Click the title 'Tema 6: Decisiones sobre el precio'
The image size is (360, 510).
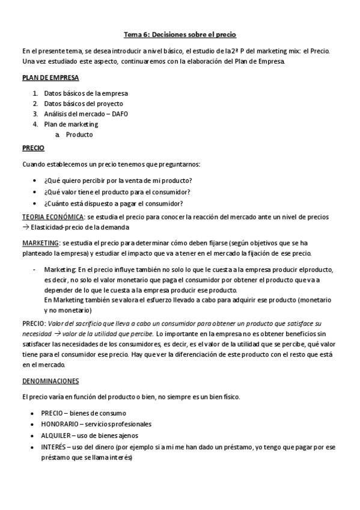[180, 35]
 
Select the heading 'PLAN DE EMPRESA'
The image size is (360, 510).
[50, 78]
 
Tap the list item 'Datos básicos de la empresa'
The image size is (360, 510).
[86, 93]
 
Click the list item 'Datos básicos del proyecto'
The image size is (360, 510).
[84, 103]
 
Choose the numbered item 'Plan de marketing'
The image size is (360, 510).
[71, 124]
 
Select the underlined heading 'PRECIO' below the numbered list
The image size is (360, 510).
[33, 147]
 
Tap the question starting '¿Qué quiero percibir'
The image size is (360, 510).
[118, 180]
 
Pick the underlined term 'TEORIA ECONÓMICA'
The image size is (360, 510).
[53, 217]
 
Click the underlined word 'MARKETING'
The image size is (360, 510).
[41, 242]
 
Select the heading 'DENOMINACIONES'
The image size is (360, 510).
[50, 381]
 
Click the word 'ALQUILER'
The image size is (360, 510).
[56, 435]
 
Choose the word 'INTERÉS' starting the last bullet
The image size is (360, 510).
[54, 447]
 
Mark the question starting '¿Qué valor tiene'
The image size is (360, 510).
[117, 192]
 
